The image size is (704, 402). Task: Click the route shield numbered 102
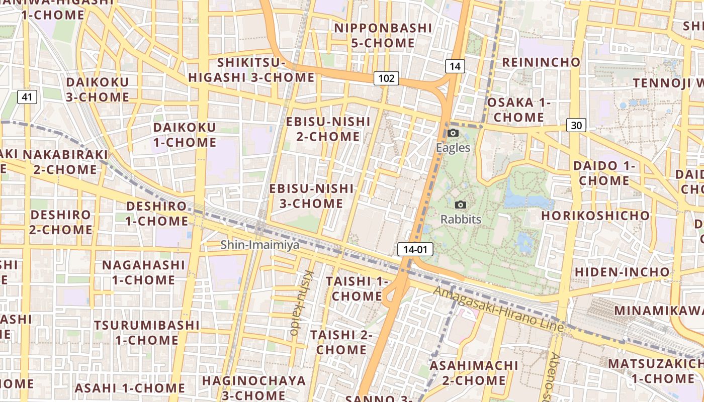(386, 78)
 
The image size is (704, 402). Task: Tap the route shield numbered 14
(455, 66)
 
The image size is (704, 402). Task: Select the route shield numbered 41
(27, 97)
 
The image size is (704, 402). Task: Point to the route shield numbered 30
(576, 125)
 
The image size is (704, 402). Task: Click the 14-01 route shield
(415, 249)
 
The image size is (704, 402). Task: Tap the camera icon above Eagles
(453, 133)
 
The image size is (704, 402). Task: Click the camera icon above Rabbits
(461, 205)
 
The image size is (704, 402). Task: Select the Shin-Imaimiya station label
(260, 245)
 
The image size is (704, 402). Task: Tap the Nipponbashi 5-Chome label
(383, 35)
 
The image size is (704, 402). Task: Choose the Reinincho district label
(541, 62)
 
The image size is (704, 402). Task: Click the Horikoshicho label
(595, 216)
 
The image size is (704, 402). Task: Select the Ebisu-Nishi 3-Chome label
(311, 196)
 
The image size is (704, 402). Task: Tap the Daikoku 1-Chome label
(185, 135)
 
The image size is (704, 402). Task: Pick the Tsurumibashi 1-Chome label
(146, 332)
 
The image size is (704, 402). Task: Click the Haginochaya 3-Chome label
(253, 387)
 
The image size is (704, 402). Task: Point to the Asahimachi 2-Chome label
(474, 372)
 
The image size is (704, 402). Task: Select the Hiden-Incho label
(622, 272)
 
